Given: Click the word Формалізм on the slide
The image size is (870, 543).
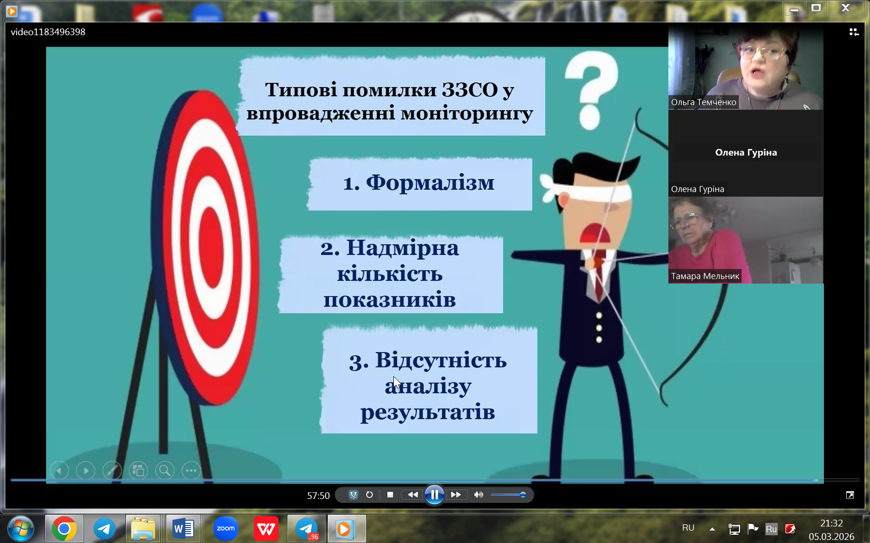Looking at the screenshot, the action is coord(430,182).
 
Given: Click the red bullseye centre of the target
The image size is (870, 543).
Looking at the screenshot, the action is coord(212,247).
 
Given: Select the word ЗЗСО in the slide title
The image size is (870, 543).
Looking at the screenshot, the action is coord(470,90).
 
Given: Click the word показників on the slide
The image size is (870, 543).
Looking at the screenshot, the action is coord(389,300).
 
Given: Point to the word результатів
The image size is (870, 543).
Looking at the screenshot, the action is coord(428,412).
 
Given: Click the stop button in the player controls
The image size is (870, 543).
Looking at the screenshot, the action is coord(390,494).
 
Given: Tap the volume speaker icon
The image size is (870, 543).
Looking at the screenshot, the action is coord(479,494).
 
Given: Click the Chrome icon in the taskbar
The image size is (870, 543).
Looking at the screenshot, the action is coord(64,529).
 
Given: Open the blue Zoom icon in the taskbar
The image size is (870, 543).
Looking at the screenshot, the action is coord(226,529).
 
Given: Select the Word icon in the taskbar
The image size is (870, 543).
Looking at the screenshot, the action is coord(183,529).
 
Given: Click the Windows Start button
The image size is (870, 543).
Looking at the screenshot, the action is coord(20,529).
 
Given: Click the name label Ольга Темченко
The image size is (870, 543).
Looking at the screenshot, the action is coord(703,102).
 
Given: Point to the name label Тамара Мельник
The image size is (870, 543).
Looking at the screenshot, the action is coord(705,276).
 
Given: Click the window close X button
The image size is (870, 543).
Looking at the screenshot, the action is coord(846,8).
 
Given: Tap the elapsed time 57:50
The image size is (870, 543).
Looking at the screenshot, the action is coord(318,495).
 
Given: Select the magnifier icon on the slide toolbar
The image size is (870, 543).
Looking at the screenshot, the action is coord(165,471).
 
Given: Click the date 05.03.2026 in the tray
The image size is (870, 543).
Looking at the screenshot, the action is coord(832,537).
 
